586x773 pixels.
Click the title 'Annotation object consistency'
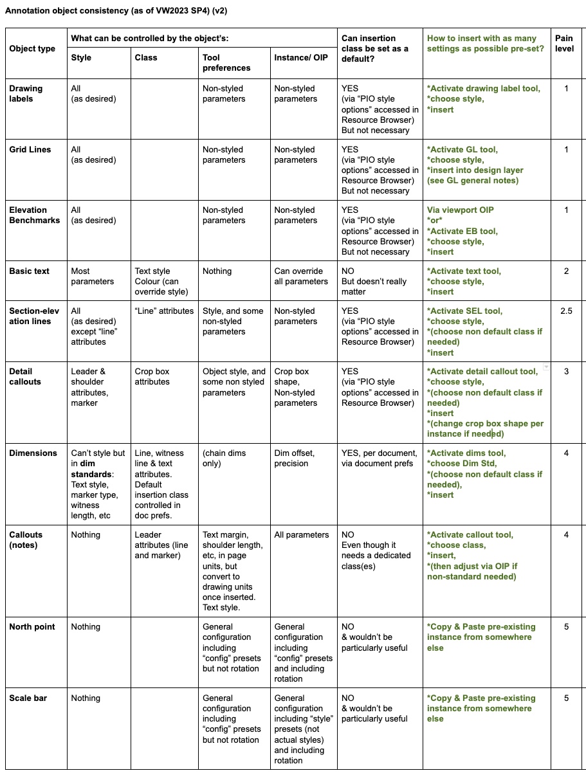coord(116,12)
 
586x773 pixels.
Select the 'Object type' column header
coord(32,49)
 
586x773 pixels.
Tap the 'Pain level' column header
coord(564,44)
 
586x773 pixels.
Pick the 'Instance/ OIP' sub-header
coord(296,58)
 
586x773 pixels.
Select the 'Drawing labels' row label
coord(26,93)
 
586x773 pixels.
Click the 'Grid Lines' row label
coord(30,150)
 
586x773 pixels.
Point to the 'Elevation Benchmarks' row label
coord(34,215)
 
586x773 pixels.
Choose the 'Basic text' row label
coord(29,271)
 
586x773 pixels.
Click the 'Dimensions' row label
coord(33,453)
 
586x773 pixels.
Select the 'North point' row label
coord(32,627)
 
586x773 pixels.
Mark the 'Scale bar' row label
coord(28,698)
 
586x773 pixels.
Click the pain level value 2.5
coord(566,311)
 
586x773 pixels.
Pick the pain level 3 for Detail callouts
coord(566,372)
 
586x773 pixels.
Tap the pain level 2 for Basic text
coord(566,271)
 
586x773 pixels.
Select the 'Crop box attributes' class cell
coord(152,376)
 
